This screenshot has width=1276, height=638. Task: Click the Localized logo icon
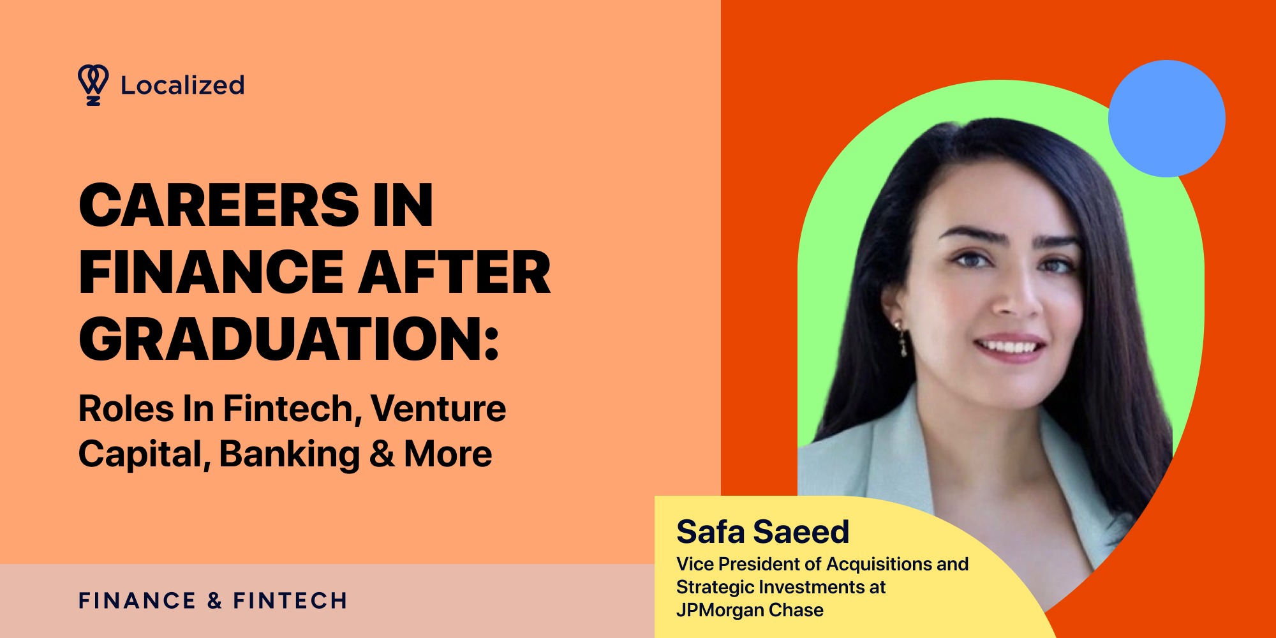click(x=93, y=84)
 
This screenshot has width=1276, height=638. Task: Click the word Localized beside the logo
click(x=182, y=85)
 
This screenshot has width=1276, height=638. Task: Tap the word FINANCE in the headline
click(x=211, y=272)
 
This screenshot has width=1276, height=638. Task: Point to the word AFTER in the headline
click(x=455, y=272)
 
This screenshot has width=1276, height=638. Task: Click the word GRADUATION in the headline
click(x=281, y=339)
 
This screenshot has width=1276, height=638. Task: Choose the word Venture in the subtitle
click(x=438, y=409)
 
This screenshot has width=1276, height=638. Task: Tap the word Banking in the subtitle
click(x=290, y=455)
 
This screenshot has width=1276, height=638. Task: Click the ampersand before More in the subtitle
click(x=382, y=455)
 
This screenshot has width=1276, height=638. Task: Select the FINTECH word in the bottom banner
click(x=290, y=601)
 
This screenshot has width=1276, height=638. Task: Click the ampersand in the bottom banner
click(x=214, y=601)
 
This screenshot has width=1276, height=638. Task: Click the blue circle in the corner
click(x=1166, y=119)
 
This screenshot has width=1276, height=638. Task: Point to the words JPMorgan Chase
click(x=750, y=611)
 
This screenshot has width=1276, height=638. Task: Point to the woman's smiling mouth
click(x=1010, y=348)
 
